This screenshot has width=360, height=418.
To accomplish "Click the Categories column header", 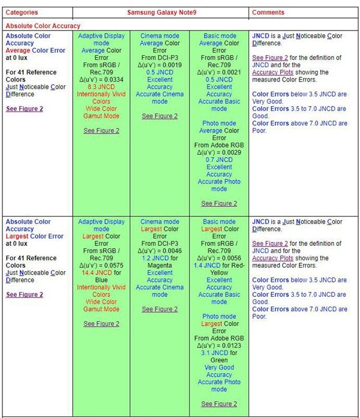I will (x=22, y=13).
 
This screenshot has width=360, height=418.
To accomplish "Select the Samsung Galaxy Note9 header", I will (x=160, y=13).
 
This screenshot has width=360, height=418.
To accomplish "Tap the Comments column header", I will (x=268, y=13).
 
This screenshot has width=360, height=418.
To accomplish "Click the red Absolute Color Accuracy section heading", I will (x=43, y=26).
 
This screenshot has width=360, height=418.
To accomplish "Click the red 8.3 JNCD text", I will (x=101, y=87).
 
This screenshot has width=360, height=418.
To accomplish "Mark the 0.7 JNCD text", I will (x=219, y=160).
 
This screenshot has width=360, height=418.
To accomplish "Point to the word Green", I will (x=219, y=360).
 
